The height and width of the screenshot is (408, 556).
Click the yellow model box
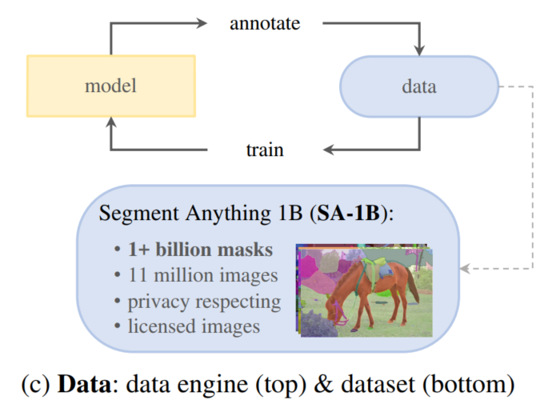click(110, 86)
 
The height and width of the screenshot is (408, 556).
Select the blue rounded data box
click(418, 86)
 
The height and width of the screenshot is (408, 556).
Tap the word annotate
click(265, 23)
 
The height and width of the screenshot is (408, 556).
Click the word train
click(265, 150)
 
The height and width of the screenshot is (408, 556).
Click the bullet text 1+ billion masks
click(200, 250)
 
